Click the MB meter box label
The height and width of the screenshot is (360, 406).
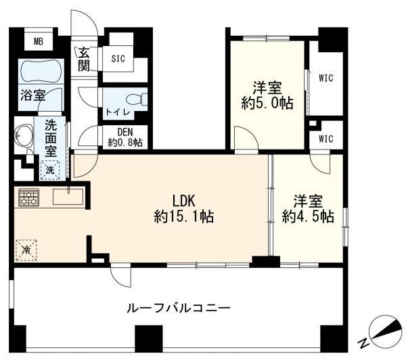coord(39,41)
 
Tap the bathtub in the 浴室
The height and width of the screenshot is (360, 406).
coord(41,70)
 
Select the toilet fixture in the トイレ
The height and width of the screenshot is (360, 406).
coord(136,99)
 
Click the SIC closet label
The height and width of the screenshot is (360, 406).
coord(118,59)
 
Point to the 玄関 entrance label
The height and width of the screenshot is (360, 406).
coord(84,59)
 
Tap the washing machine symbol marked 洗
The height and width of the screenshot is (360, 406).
coord(50,170)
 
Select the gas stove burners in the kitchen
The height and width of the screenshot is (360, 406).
coord(28,198)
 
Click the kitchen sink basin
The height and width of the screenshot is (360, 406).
coord(68,197)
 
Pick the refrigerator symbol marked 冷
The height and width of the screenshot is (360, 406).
coord(26,250)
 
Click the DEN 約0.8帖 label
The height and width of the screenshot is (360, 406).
coord(125,137)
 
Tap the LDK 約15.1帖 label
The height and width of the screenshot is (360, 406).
coord(184,208)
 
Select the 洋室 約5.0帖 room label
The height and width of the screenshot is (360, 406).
coord(267,95)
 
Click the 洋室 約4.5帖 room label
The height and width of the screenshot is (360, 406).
coord(308,208)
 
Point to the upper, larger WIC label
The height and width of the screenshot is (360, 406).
coord(325,78)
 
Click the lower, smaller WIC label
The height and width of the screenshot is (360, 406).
coord(325,139)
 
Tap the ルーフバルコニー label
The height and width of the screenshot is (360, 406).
coord(179,308)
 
